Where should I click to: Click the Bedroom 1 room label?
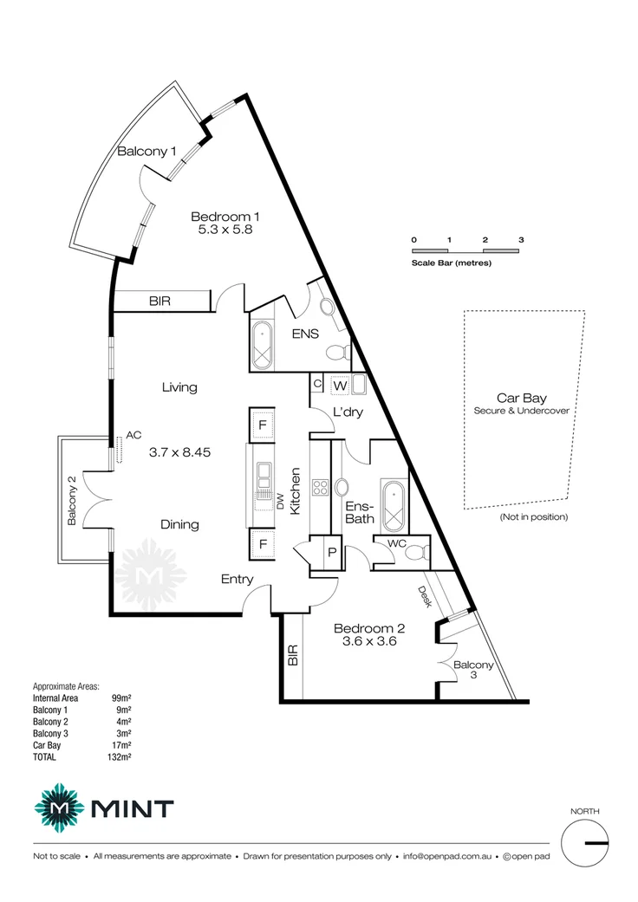point(225,217)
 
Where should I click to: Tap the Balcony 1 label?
point(147,152)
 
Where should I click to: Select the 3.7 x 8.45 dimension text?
point(180,451)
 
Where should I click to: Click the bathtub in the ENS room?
point(263,346)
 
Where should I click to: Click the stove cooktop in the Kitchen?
point(320,487)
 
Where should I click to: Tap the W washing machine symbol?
point(340,384)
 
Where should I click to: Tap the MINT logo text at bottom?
point(132,809)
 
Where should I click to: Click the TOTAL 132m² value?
point(120,756)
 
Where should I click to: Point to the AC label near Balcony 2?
point(133,435)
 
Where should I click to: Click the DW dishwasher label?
point(280,502)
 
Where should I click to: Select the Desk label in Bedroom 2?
point(425,596)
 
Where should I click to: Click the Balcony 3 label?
point(473,671)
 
